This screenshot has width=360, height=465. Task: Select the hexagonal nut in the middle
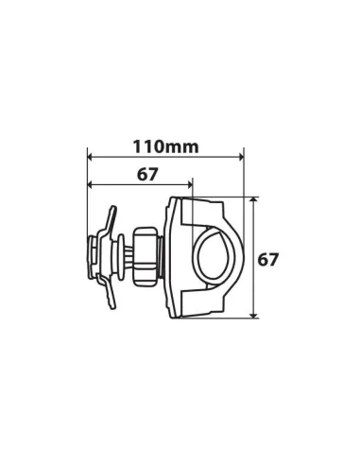pyautogui.click(x=146, y=256)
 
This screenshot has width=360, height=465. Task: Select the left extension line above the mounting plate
pyautogui.click(x=87, y=203)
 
